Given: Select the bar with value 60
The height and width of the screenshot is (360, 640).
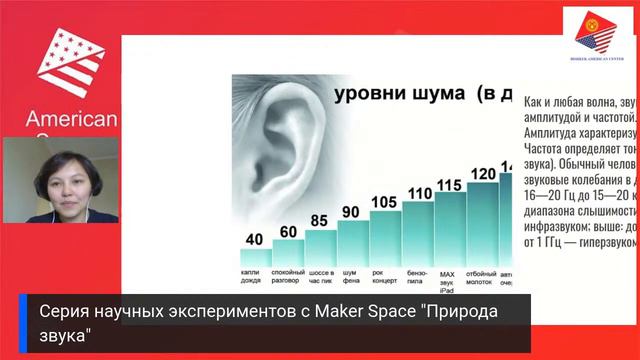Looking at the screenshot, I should (x=288, y=250).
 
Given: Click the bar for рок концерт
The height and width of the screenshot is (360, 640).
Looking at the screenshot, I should (x=385, y=238).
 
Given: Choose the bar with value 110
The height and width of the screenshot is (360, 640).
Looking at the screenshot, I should (x=418, y=232).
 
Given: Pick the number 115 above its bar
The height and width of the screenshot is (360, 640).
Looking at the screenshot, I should (x=450, y=184).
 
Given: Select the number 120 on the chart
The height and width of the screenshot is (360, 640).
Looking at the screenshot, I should (x=483, y=174).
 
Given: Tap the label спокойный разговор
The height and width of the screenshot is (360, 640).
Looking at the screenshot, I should (x=288, y=276).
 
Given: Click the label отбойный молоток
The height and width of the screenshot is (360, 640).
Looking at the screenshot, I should (x=483, y=276).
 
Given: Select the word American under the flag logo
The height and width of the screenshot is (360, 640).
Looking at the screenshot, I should (x=72, y=120).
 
